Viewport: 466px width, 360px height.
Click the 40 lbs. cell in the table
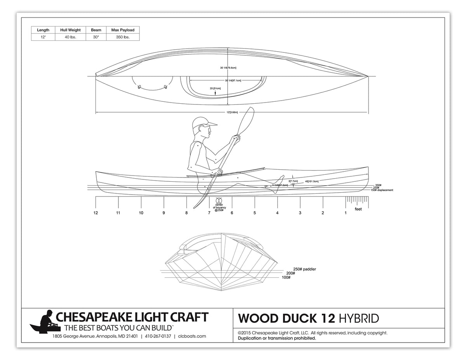pyautogui.click(x=70, y=37)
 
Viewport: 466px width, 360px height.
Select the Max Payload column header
pyautogui.click(x=123, y=30)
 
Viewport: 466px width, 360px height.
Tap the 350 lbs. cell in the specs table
pyautogui.click(x=123, y=37)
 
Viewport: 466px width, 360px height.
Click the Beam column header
pyautogui.click(x=96, y=30)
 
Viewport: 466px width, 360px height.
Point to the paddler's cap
pyautogui.click(x=203, y=122)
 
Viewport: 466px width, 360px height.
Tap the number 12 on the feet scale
pyautogui.click(x=96, y=213)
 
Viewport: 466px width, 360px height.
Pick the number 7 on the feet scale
pyautogui.click(x=209, y=213)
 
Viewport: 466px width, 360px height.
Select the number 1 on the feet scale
pyautogui.click(x=346, y=213)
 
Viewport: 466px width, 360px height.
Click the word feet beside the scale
pyautogui.click(x=358, y=209)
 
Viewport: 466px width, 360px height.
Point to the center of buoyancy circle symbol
pyautogui.click(x=218, y=200)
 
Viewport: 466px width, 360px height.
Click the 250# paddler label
pyautogui.click(x=304, y=269)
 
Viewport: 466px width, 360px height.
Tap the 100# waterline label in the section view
pyautogui.click(x=287, y=277)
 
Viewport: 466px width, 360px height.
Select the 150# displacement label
pyautogui.click(x=382, y=190)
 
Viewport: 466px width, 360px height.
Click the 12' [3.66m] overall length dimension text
pyautogui.click(x=232, y=113)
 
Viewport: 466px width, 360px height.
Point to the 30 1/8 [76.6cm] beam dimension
pyautogui.click(x=228, y=68)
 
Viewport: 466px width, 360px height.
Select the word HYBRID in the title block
pyautogui.click(x=358, y=318)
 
